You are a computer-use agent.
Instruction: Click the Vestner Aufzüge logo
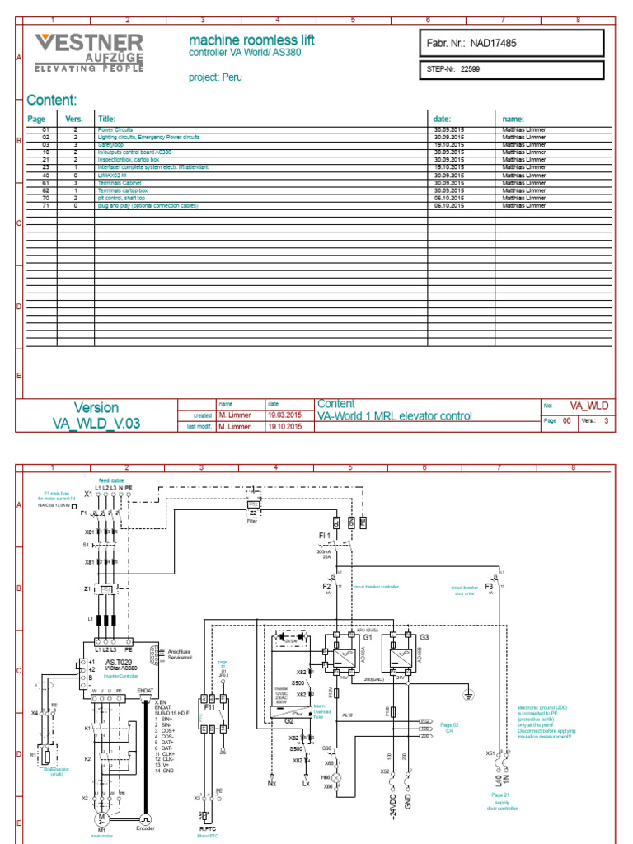coord(88,54)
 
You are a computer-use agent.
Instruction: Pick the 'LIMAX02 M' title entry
coord(115,175)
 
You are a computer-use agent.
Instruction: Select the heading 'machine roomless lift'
coord(251,40)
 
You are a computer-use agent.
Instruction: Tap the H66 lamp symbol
coord(337,777)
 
